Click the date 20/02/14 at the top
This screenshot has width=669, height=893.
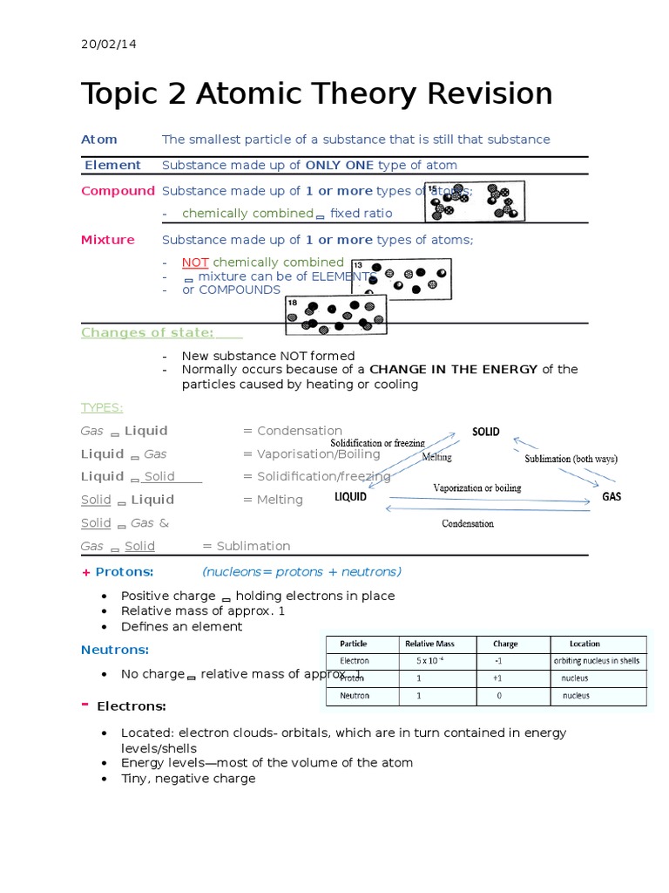tap(103, 44)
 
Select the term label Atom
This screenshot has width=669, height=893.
tap(98, 140)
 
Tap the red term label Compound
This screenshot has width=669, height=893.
tap(118, 191)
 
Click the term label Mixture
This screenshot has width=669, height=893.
tap(108, 240)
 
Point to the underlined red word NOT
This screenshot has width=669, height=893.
tap(195, 262)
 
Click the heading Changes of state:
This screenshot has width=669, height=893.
tap(147, 332)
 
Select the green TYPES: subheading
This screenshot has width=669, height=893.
tap(102, 407)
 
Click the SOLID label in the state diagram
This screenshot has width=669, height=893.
tap(485, 432)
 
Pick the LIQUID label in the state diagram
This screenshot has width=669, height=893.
tap(350, 498)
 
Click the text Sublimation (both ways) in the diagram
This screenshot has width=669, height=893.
tap(571, 459)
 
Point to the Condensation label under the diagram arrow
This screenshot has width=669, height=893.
tap(467, 524)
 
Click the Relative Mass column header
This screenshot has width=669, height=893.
tap(429, 644)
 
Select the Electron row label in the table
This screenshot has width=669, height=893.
tap(355, 661)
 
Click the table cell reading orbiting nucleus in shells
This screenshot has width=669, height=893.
tap(599, 661)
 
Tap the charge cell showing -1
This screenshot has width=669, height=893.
tap(497, 661)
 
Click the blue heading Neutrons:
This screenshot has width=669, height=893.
tap(115, 650)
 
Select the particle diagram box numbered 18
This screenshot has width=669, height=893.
tap(335, 315)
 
